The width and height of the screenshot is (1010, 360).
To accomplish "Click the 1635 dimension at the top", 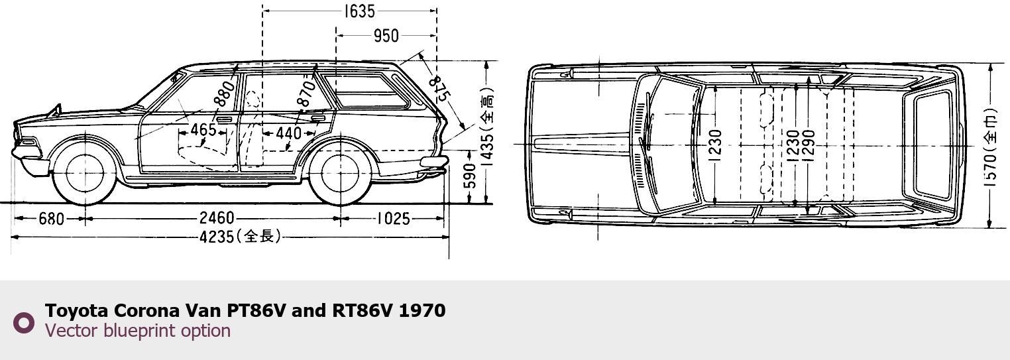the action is pos(359,11).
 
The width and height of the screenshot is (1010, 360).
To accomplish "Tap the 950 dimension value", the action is pos(386,36).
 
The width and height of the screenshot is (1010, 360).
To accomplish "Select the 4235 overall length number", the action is pos(217,237).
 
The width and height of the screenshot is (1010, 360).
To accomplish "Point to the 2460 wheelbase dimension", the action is pos(217,218).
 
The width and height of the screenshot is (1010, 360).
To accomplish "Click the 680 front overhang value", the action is pos(52,219).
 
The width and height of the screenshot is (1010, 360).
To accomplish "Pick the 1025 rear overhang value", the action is pos(394,219).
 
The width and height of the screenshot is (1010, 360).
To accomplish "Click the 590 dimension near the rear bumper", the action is pos(469,176).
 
